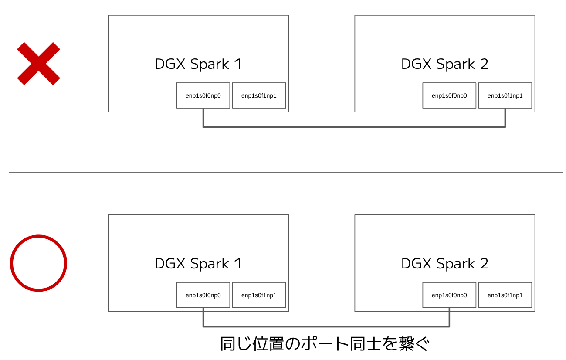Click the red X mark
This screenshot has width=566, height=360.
tap(38, 64)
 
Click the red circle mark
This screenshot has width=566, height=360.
tap(38, 263)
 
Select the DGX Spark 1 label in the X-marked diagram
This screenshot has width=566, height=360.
tap(198, 64)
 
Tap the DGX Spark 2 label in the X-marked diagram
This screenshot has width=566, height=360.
tap(444, 64)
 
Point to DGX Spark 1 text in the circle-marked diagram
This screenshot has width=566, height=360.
tap(198, 264)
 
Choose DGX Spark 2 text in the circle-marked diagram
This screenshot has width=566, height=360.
tap(444, 264)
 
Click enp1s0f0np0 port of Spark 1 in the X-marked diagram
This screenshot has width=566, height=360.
tap(203, 95)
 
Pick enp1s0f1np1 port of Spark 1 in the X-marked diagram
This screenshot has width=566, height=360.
tap(259, 95)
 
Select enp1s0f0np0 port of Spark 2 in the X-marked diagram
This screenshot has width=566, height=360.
tap(449, 95)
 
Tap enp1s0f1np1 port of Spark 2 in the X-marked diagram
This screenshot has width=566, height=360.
tap(505, 95)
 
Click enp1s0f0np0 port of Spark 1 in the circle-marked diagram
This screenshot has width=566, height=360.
tap(203, 295)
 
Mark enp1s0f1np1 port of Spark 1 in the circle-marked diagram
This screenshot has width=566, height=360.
tap(259, 295)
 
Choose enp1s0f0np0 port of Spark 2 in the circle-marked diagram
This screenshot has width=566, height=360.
tap(449, 295)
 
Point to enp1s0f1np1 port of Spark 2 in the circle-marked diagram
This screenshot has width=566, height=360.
tap(505, 295)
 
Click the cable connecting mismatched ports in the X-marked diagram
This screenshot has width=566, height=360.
tap(354, 127)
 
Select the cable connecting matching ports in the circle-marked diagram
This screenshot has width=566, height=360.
tap(326, 326)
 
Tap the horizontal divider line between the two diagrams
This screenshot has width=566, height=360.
tap(285, 173)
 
